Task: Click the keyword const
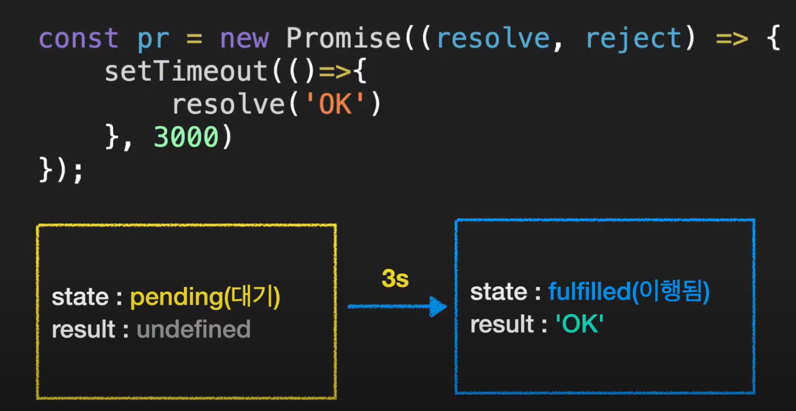79,39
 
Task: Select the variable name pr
154,39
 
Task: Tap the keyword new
244,39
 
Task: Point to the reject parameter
634,39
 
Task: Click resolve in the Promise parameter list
493,39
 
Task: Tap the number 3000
187,138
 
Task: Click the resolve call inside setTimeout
228,105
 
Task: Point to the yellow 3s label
395,279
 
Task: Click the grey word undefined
193,330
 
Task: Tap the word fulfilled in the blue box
589,292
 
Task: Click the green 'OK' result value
580,325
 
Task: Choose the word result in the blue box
502,325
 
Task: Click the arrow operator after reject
732,39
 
